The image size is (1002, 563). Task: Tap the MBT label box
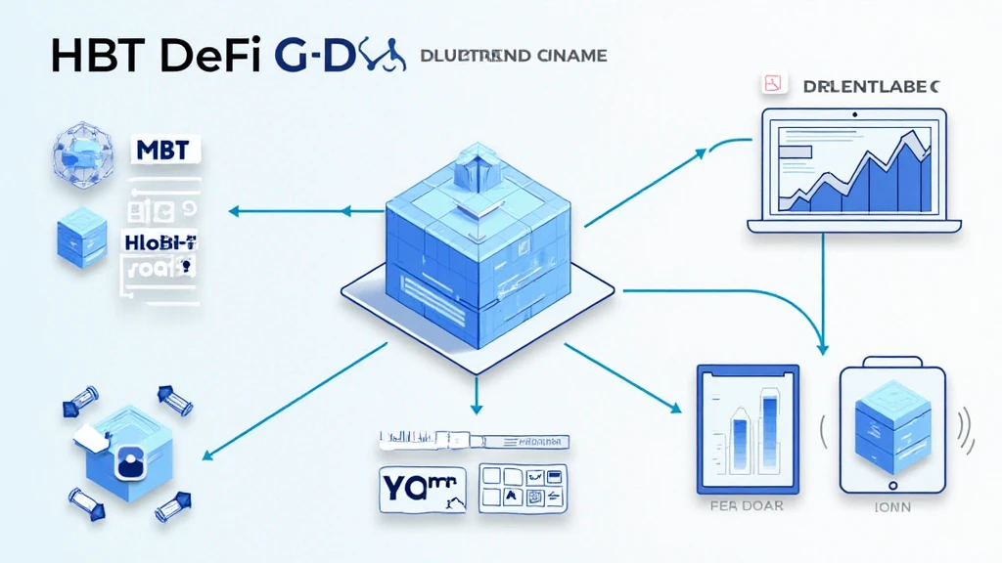(164, 151)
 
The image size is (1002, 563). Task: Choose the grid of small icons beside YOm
(523, 487)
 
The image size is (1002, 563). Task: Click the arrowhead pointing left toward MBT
(234, 209)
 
